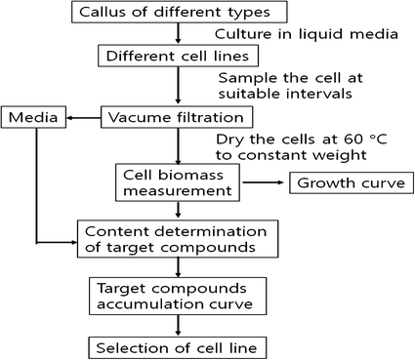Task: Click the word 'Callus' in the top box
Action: tap(105, 14)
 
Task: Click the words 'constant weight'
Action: tap(321, 157)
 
